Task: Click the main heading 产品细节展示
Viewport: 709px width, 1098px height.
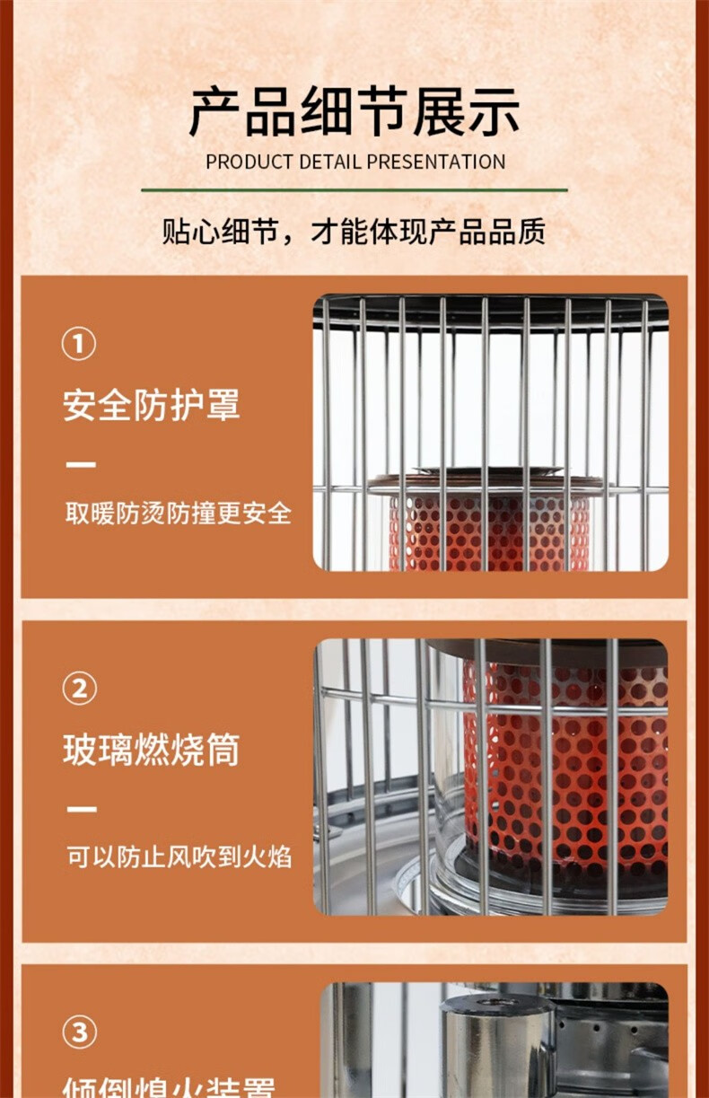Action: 354,113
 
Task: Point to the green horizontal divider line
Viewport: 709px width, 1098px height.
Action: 354,190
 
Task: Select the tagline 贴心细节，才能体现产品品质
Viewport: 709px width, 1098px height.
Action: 354,233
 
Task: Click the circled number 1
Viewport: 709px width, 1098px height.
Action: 78,344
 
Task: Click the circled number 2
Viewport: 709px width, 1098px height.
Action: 78,689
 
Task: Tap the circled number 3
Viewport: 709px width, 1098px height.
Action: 78,1032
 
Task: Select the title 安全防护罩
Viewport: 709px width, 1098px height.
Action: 151,406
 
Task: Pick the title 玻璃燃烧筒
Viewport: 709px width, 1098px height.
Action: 151,751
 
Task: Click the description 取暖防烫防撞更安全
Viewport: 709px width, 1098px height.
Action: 178,514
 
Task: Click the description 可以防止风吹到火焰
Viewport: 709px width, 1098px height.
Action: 178,857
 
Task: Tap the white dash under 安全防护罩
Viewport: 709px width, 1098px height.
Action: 81,465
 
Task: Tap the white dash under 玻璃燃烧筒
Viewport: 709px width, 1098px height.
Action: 81,810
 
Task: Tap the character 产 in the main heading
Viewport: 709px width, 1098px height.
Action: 215,113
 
